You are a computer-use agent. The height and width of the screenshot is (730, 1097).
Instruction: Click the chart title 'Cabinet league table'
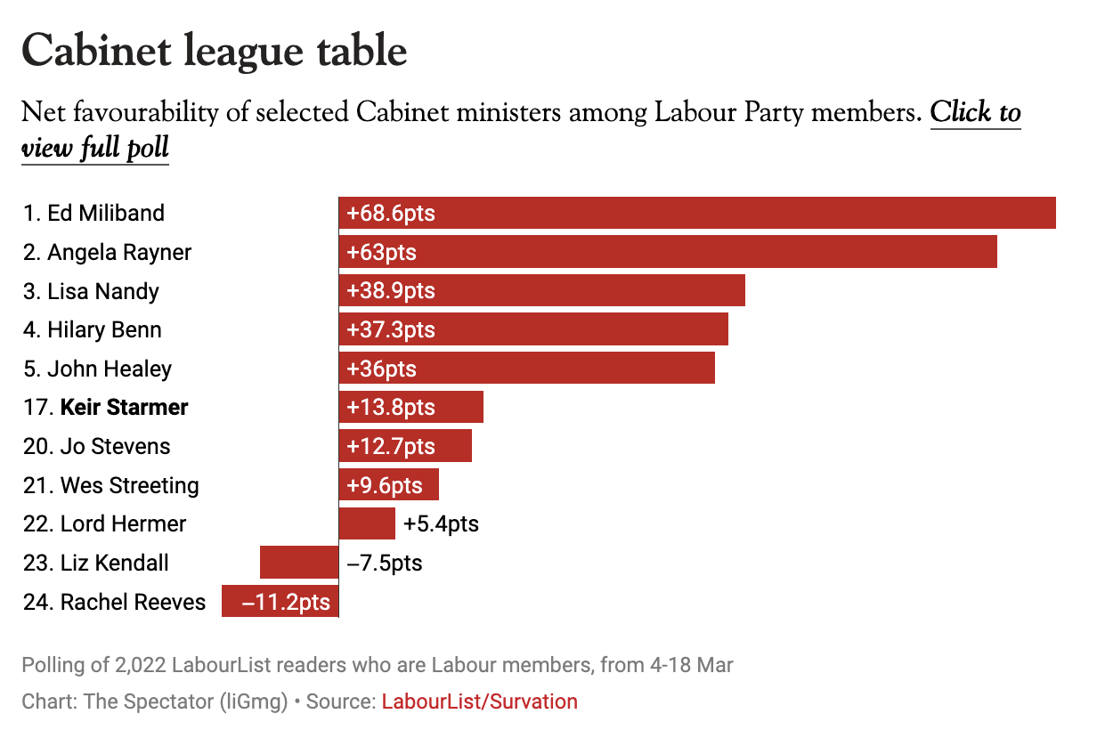click(214, 51)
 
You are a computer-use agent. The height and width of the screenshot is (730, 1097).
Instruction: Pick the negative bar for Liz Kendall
click(299, 564)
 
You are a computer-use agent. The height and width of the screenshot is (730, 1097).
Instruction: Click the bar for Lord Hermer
click(367, 524)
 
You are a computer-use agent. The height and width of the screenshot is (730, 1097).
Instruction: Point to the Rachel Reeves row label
click(114, 603)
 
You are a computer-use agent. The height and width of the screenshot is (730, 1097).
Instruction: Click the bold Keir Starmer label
click(124, 408)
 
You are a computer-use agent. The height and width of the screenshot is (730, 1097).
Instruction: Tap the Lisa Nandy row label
click(91, 291)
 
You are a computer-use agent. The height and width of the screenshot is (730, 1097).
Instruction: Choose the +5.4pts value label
click(441, 524)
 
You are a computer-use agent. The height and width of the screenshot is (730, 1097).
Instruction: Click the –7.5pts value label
click(384, 564)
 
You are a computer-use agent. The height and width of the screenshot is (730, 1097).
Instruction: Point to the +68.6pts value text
click(391, 214)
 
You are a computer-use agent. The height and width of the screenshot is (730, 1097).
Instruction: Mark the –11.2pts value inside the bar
click(286, 603)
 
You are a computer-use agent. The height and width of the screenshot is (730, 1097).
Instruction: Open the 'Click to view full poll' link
click(975, 113)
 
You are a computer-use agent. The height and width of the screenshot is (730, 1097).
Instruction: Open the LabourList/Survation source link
click(479, 702)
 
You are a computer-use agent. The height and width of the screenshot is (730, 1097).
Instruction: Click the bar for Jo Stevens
click(405, 447)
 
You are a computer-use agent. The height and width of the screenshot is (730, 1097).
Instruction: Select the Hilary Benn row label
click(93, 330)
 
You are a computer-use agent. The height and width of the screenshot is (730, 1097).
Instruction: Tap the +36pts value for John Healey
click(382, 369)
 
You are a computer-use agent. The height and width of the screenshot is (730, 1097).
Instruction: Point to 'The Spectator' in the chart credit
click(149, 702)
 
